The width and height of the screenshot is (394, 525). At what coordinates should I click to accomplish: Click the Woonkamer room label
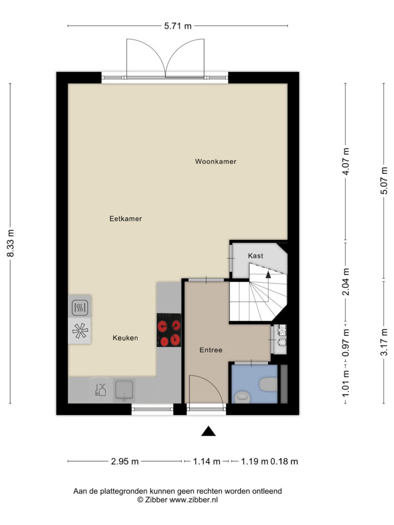click(215, 161)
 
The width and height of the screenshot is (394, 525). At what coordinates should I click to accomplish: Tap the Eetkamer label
click(126, 218)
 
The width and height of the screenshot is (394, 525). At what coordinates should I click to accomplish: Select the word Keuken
click(125, 338)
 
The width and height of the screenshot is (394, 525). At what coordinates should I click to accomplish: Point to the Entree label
click(211, 350)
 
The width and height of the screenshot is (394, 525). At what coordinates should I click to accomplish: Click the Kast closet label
click(255, 256)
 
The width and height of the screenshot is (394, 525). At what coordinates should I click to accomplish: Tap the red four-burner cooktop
click(169, 330)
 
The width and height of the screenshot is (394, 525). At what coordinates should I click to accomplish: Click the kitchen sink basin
click(124, 390)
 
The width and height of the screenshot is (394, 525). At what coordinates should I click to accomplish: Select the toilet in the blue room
click(269, 385)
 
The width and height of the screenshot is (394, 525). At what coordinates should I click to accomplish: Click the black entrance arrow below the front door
click(208, 431)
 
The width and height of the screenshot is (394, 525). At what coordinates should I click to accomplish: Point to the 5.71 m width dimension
click(178, 26)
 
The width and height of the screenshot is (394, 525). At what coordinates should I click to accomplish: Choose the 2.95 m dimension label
click(125, 461)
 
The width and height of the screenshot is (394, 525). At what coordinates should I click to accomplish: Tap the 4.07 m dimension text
click(346, 161)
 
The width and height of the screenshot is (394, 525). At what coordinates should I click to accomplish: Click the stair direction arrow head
click(268, 275)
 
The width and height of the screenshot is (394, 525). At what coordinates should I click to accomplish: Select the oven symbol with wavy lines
click(80, 307)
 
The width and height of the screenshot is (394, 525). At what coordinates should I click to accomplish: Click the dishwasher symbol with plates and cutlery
click(101, 390)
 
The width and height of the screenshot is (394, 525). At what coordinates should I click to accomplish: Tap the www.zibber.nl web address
click(193, 500)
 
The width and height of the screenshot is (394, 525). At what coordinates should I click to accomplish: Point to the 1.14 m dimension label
click(207, 461)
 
